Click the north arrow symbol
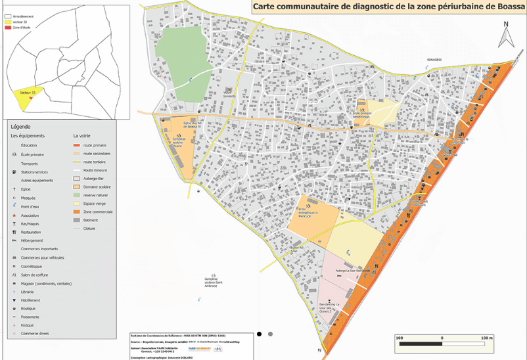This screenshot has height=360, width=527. [506, 35]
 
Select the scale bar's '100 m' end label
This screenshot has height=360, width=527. [486, 338]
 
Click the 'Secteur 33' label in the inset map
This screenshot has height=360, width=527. [27, 93]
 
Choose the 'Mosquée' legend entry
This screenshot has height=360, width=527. [29, 197]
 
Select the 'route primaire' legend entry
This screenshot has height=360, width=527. [95, 145]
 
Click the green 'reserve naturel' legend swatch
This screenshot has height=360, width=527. [76, 195]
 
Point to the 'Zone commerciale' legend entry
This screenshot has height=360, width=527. [98, 212]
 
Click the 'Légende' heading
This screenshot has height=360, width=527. [20, 127]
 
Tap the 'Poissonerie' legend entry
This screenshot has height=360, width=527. [32, 317]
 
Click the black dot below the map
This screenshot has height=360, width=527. [260, 334]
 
